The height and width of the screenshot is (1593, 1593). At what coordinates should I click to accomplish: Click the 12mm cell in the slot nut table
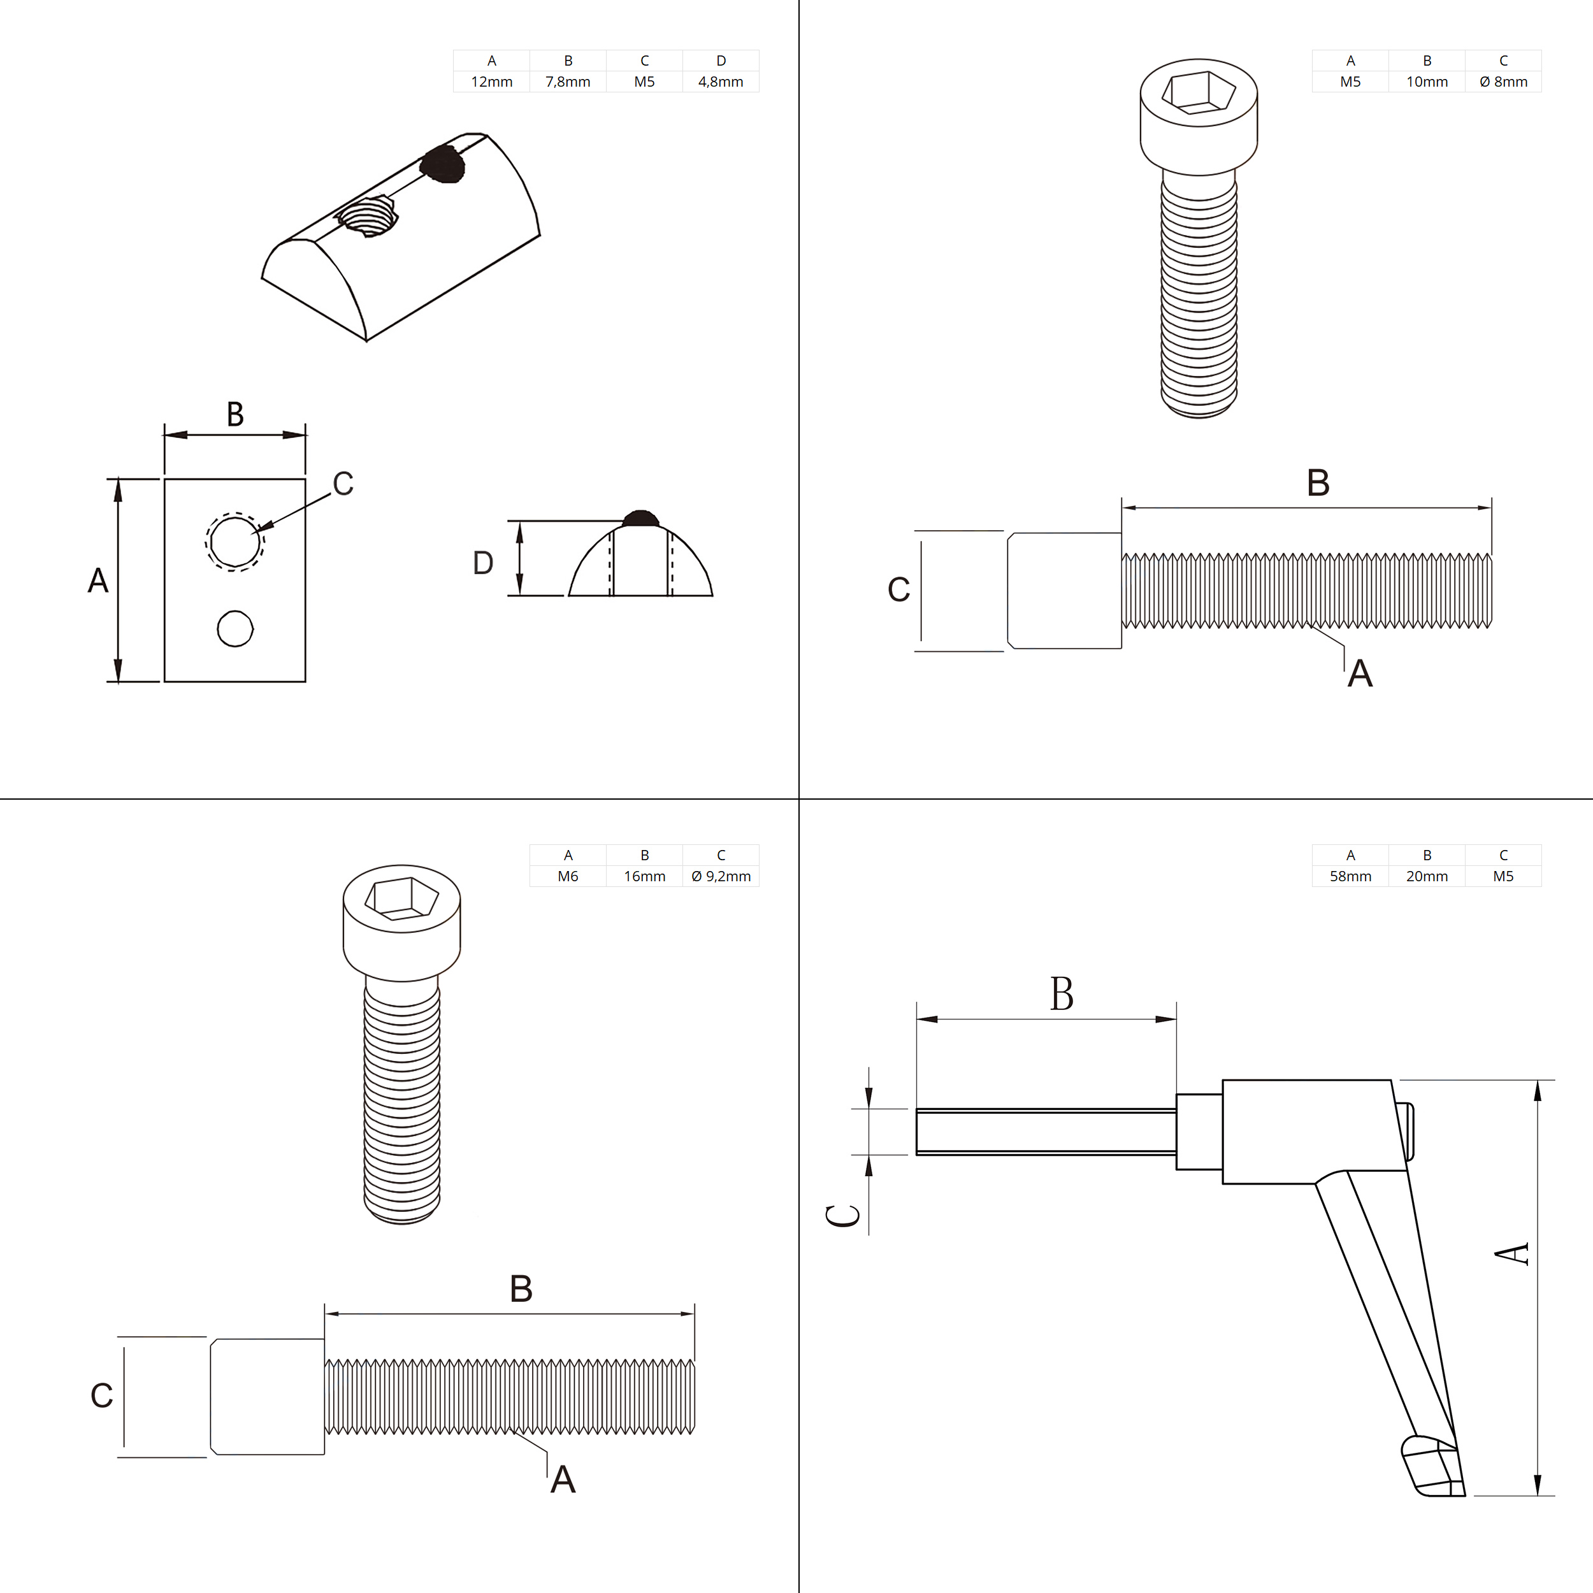491,82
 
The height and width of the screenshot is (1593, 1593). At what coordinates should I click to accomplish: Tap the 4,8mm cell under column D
720,82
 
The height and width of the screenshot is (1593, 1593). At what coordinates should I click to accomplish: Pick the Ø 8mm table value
1503,82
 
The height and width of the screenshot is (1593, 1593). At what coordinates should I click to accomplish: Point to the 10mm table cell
1427,82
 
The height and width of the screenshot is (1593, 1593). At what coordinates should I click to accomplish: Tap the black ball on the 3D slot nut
443,163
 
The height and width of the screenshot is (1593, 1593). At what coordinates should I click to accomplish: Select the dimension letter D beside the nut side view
483,563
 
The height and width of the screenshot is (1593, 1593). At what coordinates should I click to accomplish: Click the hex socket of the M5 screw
1198,92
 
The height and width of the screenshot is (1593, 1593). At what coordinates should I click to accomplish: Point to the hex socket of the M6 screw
401,898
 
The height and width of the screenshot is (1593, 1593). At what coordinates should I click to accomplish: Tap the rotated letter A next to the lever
1511,1253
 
